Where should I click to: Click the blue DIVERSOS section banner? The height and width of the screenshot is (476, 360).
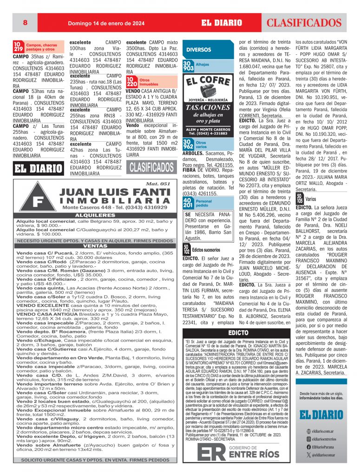(199, 50)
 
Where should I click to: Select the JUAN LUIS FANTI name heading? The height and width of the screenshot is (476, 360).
(110, 192)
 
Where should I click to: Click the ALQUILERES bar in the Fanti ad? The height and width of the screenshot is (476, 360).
(95, 216)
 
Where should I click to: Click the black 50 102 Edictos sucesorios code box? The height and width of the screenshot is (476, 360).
(186, 249)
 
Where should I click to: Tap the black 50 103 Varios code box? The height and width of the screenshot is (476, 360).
(300, 198)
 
